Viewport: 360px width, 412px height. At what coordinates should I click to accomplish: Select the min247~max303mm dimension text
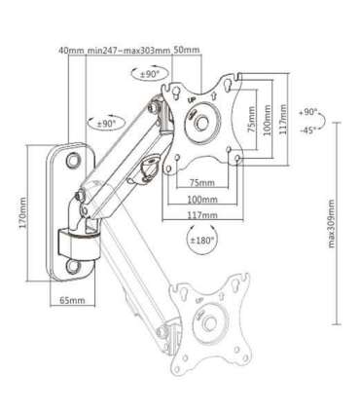coord(128,50)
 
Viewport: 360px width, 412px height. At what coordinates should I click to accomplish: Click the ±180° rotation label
coord(202,241)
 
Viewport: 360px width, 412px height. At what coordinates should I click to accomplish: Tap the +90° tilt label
coord(307,113)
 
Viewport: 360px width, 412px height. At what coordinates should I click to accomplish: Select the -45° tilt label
coord(307,131)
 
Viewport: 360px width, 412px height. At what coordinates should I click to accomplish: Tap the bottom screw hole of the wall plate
coord(75,263)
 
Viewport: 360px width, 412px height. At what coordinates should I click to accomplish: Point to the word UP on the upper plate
coord(192,98)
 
